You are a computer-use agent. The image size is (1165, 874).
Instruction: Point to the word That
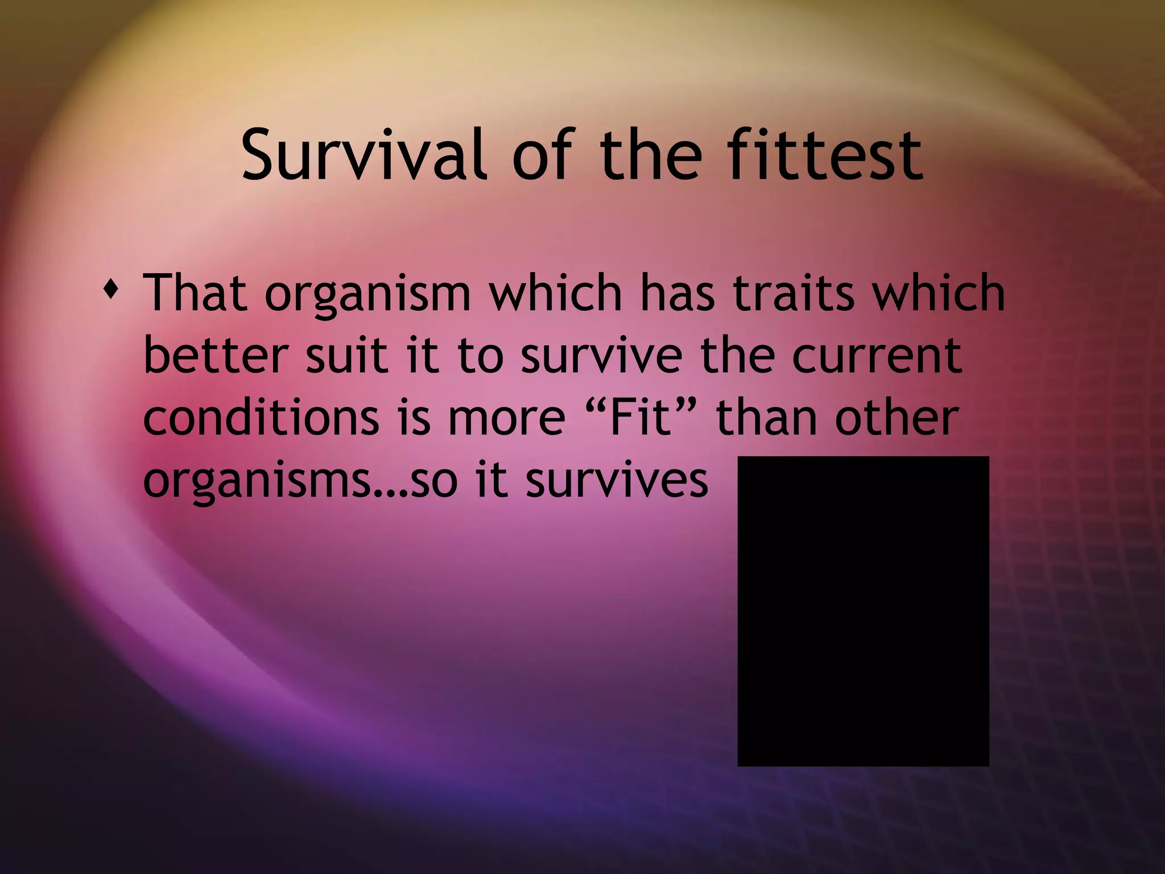click(x=195, y=294)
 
